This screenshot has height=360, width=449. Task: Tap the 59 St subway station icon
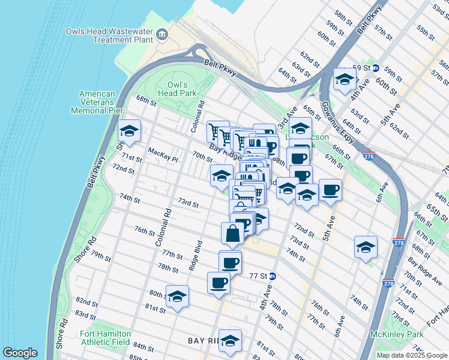375,68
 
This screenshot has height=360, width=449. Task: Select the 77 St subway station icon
272,277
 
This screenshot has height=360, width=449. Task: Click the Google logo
20,353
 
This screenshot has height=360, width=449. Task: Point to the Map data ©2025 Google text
411,355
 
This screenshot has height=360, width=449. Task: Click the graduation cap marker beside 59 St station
345,79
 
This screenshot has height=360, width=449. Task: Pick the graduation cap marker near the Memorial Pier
129,130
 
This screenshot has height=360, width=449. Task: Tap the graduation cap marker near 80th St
177,296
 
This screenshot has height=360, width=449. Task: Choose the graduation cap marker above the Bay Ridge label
230,340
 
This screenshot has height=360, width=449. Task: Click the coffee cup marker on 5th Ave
330,190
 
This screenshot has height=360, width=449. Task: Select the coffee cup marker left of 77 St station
231,262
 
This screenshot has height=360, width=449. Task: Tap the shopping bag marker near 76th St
233,233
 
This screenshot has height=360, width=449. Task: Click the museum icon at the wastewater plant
161,35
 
